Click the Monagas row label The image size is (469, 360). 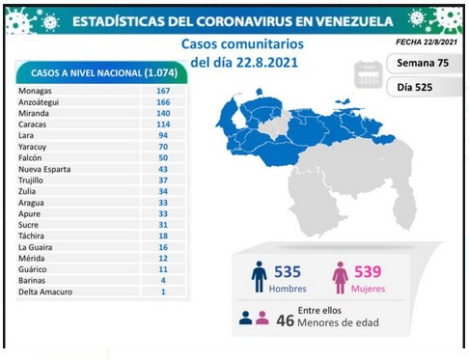[35, 91]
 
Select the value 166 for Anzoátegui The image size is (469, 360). [163, 102]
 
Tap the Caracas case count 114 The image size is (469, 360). [163, 125]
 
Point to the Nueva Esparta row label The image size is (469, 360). [44, 169]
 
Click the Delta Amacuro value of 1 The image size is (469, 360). [163, 291]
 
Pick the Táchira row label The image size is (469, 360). [31, 235]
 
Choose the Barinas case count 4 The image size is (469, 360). [163, 281]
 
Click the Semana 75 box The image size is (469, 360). [424, 63]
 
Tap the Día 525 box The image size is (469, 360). [424, 87]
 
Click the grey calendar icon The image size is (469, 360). [368, 74]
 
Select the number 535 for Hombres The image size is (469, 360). [288, 272]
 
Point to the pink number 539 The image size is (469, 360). [368, 271]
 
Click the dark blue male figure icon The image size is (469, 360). [259, 277]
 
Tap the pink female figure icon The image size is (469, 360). [340, 277]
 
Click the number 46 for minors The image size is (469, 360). [285, 320]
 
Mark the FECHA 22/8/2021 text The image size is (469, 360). [427, 42]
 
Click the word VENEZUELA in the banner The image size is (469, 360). [354, 21]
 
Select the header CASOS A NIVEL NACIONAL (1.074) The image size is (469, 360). [104, 73]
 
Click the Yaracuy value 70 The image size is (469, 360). [163, 147]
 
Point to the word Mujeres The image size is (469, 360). [368, 289]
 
